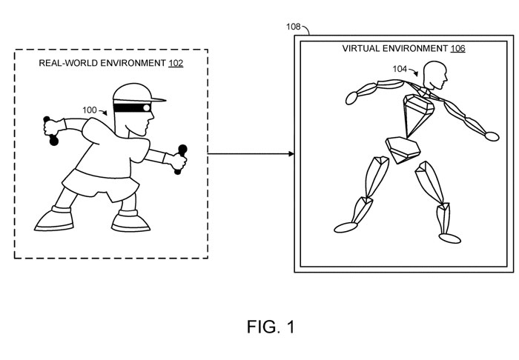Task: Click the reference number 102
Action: click(176, 63)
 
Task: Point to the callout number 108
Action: click(294, 27)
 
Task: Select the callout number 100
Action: click(90, 110)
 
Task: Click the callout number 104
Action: click(400, 69)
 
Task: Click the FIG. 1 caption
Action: click(271, 327)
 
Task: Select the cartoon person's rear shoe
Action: click(53, 219)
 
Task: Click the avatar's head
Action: click(434, 75)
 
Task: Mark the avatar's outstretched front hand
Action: click(491, 136)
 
